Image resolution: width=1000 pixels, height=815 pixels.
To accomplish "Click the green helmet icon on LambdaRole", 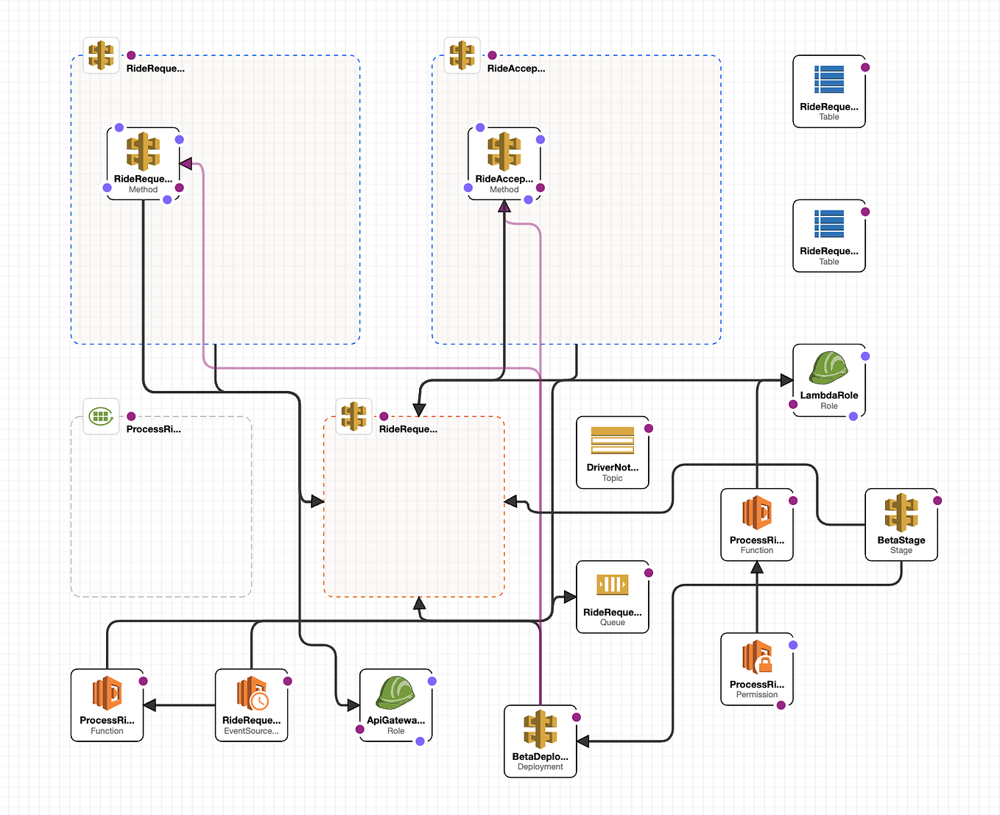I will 828,368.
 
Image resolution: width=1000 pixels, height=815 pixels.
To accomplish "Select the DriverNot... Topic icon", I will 612,440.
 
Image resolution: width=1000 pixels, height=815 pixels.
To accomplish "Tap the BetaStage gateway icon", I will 901,512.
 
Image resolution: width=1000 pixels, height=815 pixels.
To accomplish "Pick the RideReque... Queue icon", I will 612,585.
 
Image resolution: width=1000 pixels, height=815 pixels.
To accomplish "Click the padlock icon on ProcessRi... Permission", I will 764,664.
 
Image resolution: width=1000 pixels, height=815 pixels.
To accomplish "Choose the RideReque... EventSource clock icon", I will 258,701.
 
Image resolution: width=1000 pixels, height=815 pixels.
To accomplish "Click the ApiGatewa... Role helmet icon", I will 395,693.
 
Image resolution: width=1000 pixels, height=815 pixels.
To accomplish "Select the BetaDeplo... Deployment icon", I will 540,729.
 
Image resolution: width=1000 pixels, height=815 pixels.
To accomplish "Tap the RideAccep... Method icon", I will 504,151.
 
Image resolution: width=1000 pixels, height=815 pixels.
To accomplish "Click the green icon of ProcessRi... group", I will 101,417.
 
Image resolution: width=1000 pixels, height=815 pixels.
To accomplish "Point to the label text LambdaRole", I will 828,395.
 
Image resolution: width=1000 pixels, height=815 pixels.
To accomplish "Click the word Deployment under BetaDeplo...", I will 540,767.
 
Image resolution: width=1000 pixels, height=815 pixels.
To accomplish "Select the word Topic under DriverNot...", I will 612,479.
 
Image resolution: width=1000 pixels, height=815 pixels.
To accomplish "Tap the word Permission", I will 756,695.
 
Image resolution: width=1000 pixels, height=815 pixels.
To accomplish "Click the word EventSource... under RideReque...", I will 251,731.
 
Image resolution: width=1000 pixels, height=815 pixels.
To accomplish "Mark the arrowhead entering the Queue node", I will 569,597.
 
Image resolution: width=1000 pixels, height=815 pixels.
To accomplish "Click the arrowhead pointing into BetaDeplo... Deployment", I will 583,741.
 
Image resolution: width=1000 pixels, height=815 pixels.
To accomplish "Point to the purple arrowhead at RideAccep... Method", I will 504,207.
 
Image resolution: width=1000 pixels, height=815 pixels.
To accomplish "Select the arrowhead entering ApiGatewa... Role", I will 353,705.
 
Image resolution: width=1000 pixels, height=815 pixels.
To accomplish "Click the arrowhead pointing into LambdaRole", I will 786,381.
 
